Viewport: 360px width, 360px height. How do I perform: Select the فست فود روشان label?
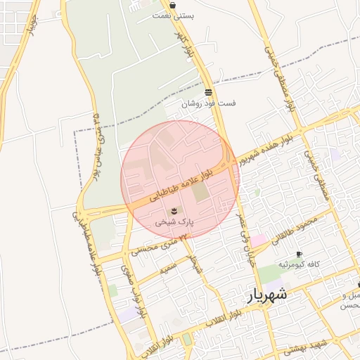point(209,103)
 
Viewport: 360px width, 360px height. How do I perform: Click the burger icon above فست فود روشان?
point(208,92)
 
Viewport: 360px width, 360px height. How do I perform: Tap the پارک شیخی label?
point(174,221)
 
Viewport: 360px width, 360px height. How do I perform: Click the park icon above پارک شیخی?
point(174,210)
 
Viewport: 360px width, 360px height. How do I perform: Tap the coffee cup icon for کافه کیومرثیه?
point(299,254)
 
